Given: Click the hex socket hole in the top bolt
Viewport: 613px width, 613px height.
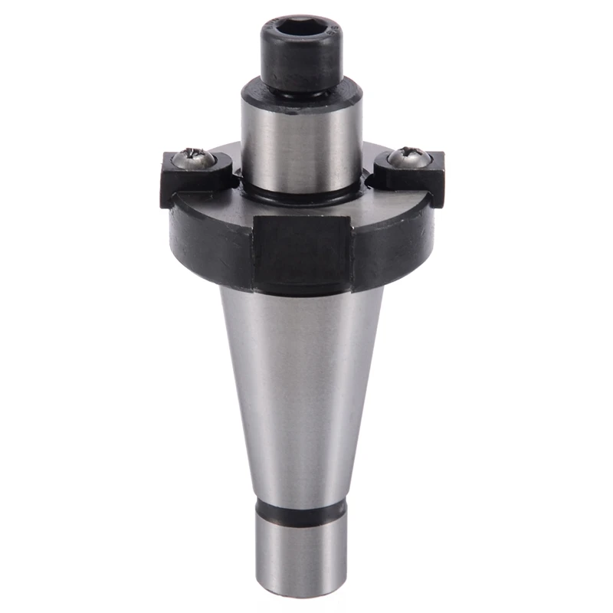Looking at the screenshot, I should coord(300,30).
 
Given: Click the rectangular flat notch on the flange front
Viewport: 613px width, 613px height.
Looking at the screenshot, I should coord(303,253).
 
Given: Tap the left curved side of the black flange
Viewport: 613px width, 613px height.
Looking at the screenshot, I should coord(207,238).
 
